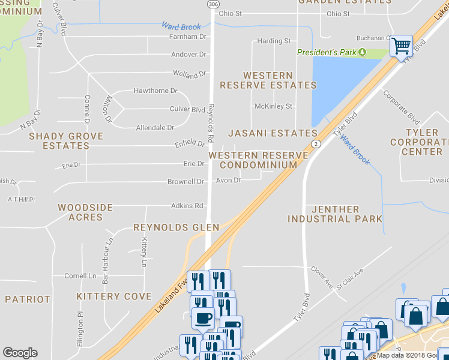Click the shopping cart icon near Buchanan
[401, 45]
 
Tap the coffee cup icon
[202, 317]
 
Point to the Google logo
[20, 353]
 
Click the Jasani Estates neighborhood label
[273, 133]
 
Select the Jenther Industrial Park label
[335, 214]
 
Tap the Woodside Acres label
[85, 212]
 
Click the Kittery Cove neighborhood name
[114, 296]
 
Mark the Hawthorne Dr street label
[155, 91]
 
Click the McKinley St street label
[273, 106]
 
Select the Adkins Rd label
[187, 205]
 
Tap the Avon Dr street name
[228, 180]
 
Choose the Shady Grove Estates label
[66, 141]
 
